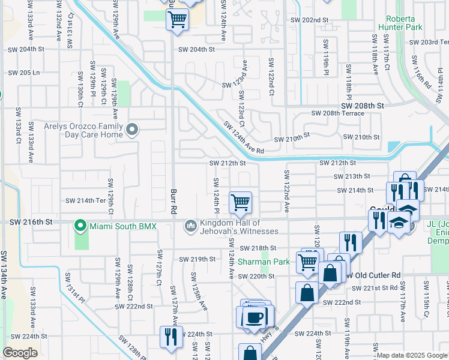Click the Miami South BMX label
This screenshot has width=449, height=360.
[x=122, y=226]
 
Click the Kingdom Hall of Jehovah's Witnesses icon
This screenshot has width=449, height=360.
[x=191, y=226]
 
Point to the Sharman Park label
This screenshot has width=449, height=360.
[x=264, y=262]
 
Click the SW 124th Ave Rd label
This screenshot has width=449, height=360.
[x=244, y=138]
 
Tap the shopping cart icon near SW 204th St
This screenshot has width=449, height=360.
[x=177, y=19]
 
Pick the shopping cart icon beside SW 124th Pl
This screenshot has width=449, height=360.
[x=240, y=202]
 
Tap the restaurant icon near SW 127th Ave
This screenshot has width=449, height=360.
[x=167, y=337]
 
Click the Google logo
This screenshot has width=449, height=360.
[x=20, y=353]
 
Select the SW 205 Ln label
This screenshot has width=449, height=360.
[x=23, y=73]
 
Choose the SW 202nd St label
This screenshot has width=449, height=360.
[x=316, y=20]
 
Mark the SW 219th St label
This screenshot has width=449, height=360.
[x=197, y=259]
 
